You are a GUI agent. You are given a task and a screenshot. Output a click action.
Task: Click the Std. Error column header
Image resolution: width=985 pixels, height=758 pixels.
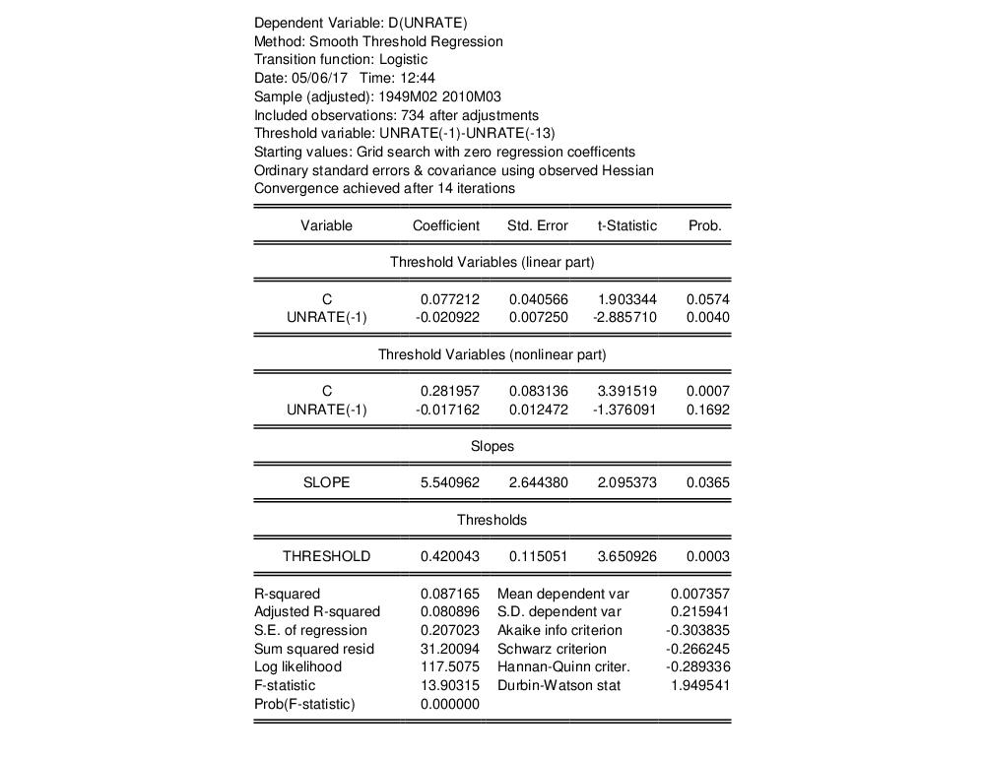pos(537,225)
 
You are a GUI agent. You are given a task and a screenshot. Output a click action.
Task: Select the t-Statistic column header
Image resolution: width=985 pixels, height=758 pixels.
pos(626,225)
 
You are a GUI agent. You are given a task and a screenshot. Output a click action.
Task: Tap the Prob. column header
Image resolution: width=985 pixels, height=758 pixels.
pos(704,225)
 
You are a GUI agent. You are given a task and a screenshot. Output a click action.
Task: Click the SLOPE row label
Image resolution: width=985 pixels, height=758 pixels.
pos(326,482)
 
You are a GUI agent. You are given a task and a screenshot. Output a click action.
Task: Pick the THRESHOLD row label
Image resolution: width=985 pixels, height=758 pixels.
pos(326,556)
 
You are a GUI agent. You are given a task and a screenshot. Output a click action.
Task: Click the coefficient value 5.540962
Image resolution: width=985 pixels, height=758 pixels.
pos(449,482)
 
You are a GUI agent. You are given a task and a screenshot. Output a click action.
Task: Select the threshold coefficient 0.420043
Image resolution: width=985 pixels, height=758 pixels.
pos(449,556)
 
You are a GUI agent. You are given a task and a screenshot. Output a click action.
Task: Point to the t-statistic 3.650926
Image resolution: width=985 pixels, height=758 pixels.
pos(626,556)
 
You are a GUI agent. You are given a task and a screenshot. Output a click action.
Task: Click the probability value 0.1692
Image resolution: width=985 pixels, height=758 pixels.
pos(709,410)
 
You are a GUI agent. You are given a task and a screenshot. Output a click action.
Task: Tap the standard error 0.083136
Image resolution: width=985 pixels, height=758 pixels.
pos(538,391)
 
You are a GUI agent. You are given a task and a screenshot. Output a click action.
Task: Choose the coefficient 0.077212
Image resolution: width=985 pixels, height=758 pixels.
pos(449,299)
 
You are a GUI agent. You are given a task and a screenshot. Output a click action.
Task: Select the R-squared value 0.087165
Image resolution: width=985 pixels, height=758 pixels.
pos(449,594)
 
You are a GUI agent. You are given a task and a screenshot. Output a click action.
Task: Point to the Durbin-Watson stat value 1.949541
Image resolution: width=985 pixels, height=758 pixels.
pos(699,685)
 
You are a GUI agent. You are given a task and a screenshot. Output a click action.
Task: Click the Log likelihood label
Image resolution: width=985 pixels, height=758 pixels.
pos(297,666)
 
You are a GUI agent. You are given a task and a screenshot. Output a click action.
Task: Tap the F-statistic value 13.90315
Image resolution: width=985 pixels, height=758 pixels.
pos(449,685)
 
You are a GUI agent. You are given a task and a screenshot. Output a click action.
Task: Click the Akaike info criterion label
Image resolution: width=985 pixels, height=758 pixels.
pos(559,630)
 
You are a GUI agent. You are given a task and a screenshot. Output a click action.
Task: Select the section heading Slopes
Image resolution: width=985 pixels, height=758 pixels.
pos(492,446)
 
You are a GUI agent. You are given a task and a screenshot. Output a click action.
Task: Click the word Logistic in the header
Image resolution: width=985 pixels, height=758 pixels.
pos(403,59)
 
